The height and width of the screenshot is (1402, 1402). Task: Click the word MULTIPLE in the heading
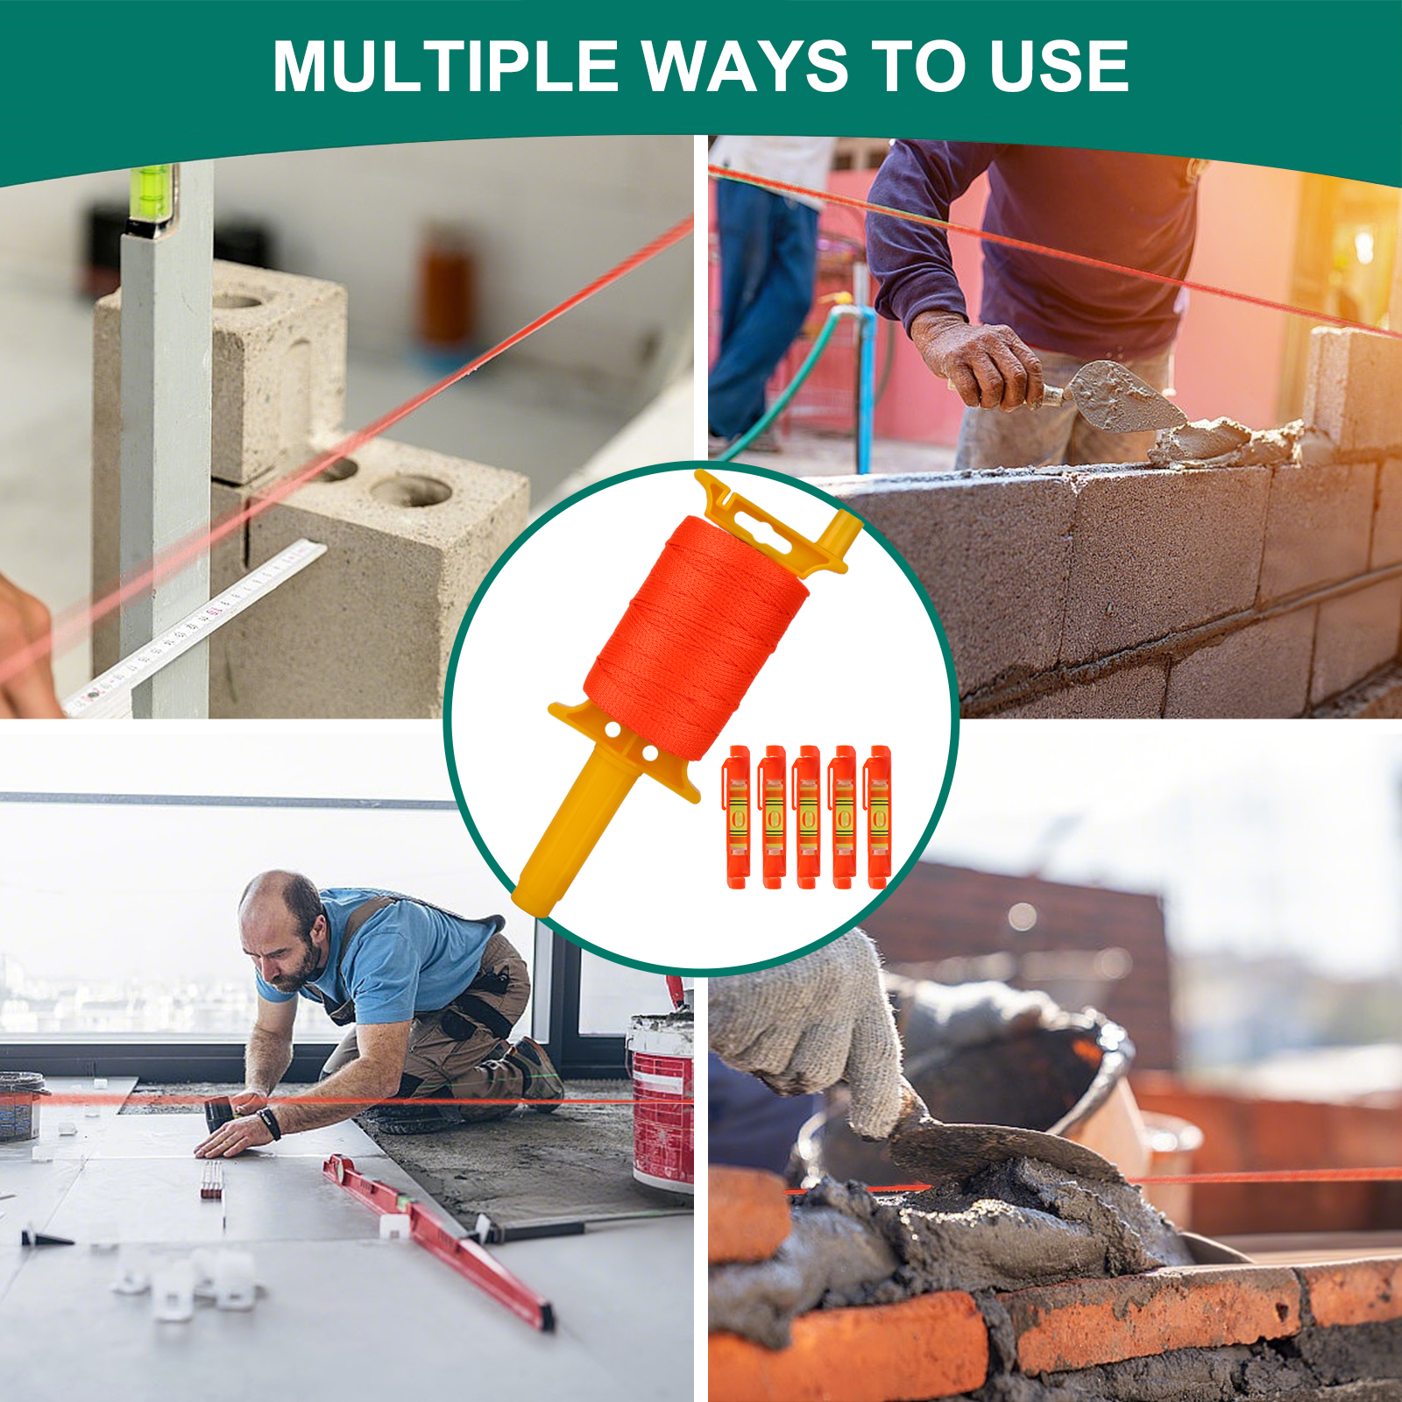coord(446,66)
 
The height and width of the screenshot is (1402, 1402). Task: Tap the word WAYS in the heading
coord(745,66)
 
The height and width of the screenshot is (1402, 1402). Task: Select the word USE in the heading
coord(1059,66)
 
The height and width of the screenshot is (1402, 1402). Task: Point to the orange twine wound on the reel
coord(697,638)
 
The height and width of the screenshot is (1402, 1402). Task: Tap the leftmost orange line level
coord(738,817)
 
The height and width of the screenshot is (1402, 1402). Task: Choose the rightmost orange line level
coord(878,817)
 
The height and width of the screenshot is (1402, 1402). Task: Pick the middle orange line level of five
coord(808,817)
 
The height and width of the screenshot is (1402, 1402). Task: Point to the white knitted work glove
coord(811,1034)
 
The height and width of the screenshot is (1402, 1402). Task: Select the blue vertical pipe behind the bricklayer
coord(866,386)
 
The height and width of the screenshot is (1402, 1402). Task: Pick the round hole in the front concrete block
coord(410,490)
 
